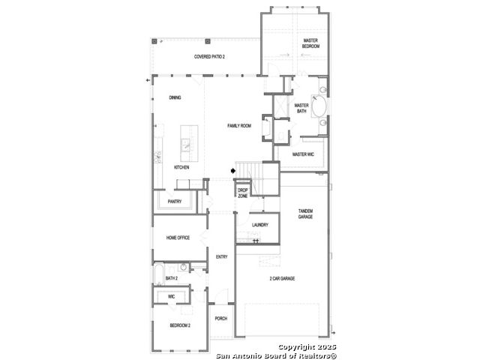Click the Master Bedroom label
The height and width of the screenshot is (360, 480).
pos(310,43)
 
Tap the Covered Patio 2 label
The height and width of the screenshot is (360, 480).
pos(209,57)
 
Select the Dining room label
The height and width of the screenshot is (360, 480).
pos(175,97)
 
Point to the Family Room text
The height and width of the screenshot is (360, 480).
pos(239,125)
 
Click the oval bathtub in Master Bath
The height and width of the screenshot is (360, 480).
pos(319,106)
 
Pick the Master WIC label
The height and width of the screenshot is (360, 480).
pos(303,154)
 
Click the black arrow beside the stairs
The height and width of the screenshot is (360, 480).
pos(233,170)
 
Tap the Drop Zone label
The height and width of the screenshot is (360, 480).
pos(243,193)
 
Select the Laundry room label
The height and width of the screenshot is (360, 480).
pos(260,225)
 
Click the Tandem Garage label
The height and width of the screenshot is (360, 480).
pos(305,214)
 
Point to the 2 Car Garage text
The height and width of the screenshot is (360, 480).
pos(282,278)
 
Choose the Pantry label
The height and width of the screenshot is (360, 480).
pos(175,202)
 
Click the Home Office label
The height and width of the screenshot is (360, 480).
pos(178,238)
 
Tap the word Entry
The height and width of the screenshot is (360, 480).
pos(222,256)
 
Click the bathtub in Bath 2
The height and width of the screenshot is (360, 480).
pos(159,274)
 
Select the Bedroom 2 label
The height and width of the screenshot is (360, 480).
pos(180,325)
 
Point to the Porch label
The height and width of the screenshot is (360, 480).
pos(221,318)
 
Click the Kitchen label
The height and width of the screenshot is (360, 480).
pos(181,167)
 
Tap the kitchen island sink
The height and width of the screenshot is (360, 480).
pos(185,145)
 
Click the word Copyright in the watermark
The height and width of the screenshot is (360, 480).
pos(296,347)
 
